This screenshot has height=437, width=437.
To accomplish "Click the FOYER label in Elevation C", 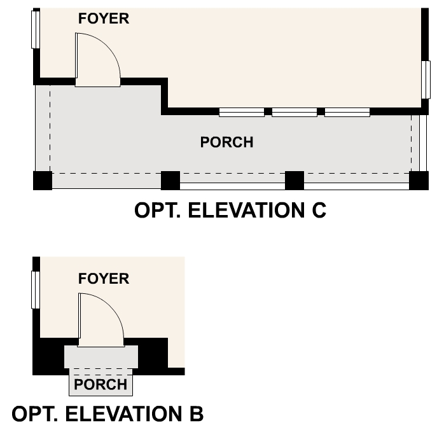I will pyautogui.click(x=103, y=18).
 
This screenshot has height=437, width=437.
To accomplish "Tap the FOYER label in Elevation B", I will pyautogui.click(x=103, y=279).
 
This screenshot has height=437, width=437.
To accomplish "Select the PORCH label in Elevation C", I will pyautogui.click(x=226, y=142).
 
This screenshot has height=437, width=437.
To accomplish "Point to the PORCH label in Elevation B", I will pyautogui.click(x=101, y=385).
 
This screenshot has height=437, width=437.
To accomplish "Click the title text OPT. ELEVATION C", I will pyautogui.click(x=230, y=211).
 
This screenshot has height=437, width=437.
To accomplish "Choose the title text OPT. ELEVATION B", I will pyautogui.click(x=108, y=414).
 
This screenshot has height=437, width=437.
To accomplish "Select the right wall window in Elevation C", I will pyautogui.click(x=426, y=80).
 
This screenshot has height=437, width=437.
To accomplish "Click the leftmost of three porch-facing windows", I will pyautogui.click(x=242, y=113).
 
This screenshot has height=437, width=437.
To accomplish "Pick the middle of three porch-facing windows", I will pyautogui.click(x=295, y=113).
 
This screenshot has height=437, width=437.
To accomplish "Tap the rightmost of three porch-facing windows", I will pyautogui.click(x=347, y=113).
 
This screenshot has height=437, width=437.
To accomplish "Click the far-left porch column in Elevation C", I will pyautogui.click(x=42, y=181).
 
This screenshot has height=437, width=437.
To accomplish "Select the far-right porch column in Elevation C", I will pyautogui.click(x=419, y=181).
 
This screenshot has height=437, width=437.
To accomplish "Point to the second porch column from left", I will pyautogui.click(x=170, y=181).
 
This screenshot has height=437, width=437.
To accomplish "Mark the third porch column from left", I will pyautogui.click(x=294, y=181).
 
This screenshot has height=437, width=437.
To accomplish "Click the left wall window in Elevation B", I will pyautogui.click(x=36, y=290).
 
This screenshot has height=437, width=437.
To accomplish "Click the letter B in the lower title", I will pyautogui.click(x=195, y=414).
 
